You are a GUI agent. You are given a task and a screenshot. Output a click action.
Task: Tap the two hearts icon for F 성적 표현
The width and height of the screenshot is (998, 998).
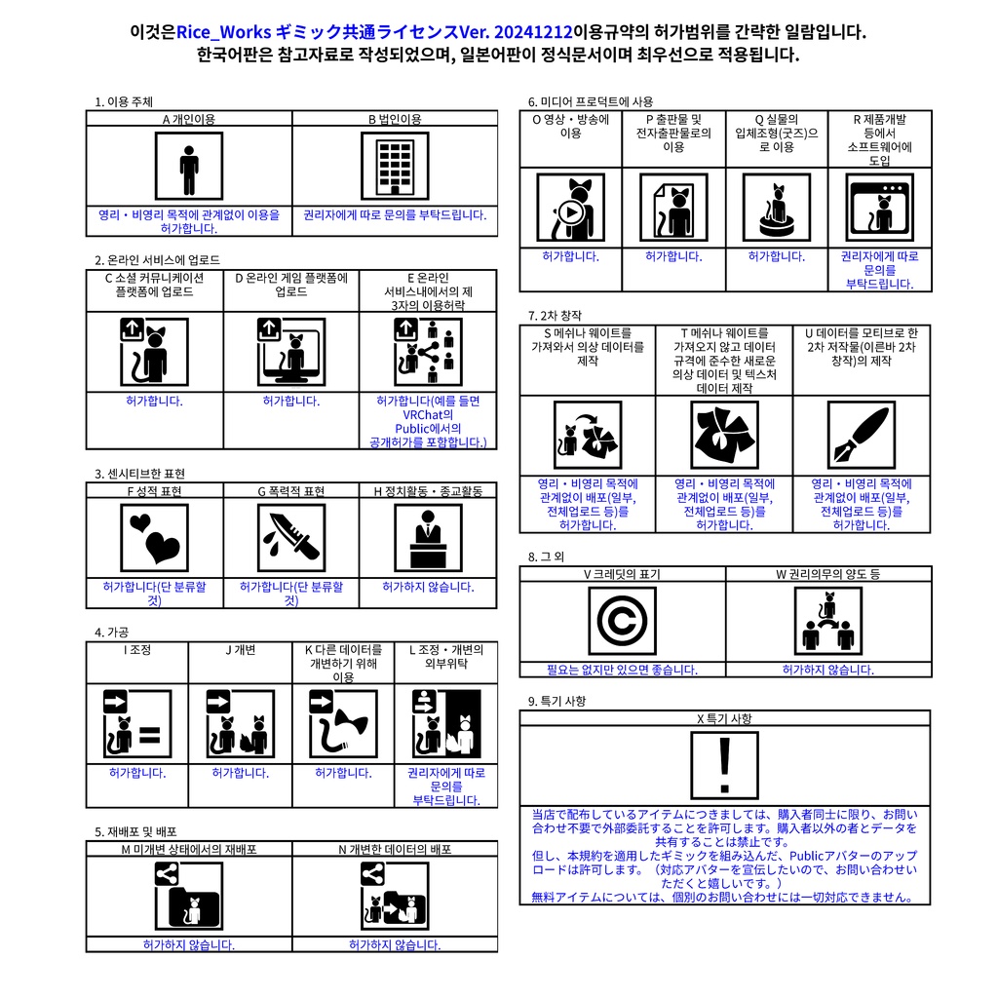pyautogui.click(x=155, y=537)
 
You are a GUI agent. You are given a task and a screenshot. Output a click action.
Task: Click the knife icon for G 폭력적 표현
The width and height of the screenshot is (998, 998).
pyautogui.click(x=291, y=537)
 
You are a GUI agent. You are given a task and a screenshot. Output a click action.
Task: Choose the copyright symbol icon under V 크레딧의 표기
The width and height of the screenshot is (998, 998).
pyautogui.click(x=622, y=621)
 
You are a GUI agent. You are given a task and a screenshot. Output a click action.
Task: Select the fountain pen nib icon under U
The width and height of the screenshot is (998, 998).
pyautogui.click(x=861, y=435)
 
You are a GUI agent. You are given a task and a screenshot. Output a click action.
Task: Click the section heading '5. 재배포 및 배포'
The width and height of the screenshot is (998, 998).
pyautogui.click(x=135, y=831)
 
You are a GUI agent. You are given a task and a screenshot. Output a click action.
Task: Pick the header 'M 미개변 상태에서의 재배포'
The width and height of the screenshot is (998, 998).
pyautogui.click(x=189, y=849)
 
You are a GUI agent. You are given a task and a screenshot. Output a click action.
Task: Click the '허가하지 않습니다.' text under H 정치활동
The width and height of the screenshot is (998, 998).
pyautogui.click(x=428, y=587)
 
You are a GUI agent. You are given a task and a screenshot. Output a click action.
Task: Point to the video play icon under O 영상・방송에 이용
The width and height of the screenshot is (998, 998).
pyautogui.click(x=571, y=208)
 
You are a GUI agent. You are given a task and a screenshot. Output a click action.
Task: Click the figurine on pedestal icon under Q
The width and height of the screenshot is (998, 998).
pyautogui.click(x=777, y=208)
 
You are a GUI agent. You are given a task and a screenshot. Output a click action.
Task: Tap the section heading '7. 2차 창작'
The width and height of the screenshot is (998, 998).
pyautogui.click(x=555, y=315)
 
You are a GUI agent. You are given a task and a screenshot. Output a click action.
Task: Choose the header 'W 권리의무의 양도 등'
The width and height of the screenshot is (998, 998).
pyautogui.click(x=827, y=574)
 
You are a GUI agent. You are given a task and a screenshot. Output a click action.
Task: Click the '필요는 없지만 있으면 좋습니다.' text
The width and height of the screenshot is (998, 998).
pyautogui.click(x=622, y=670)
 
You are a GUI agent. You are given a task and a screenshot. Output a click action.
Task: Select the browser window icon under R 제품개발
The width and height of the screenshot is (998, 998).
pyautogui.click(x=880, y=208)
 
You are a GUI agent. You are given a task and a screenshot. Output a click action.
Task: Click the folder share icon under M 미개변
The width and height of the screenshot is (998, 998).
pyautogui.click(x=189, y=897)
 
